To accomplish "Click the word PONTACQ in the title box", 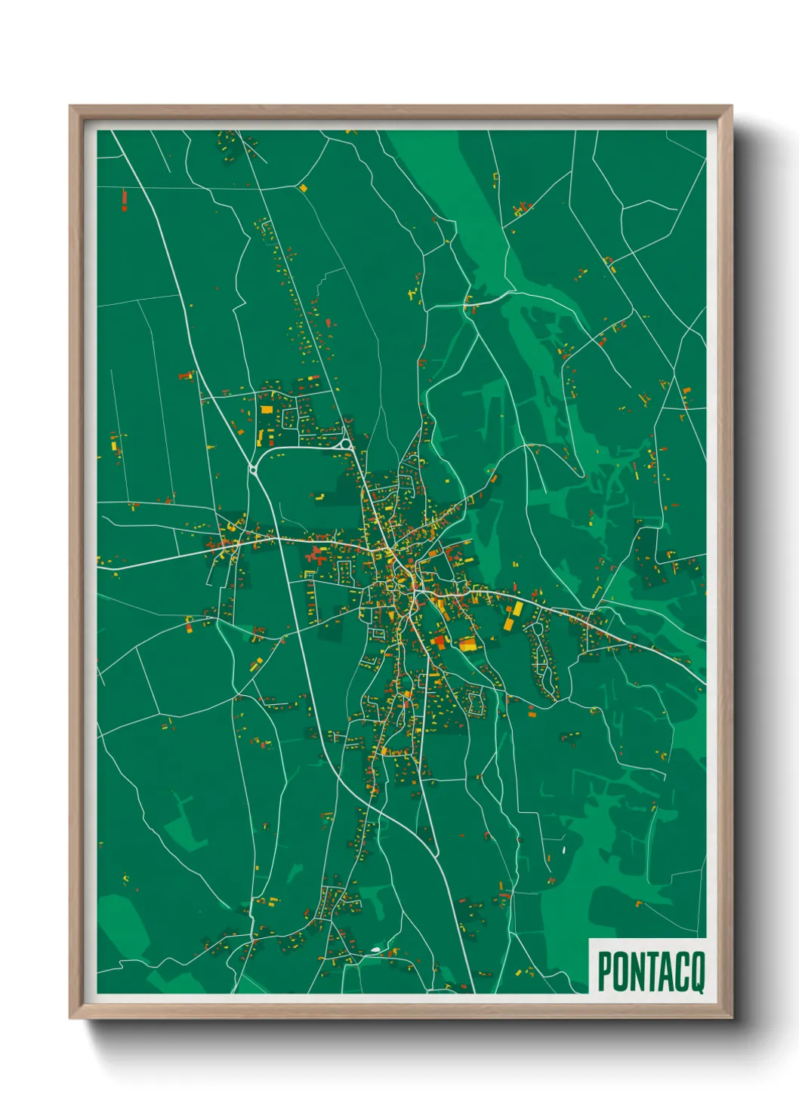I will pyautogui.click(x=650, y=971).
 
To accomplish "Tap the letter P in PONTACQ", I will pyautogui.click(x=605, y=971).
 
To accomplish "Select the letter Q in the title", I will pyautogui.click(x=697, y=972).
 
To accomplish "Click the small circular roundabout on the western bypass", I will pyautogui.click(x=253, y=470).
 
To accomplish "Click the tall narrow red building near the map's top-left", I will pyautogui.click(x=124, y=198).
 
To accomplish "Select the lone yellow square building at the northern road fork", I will pyautogui.click(x=304, y=187).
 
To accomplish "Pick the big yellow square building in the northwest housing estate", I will pyautogui.click(x=266, y=410).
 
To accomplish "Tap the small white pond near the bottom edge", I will pyautogui.click(x=375, y=949).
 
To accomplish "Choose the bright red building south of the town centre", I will pyautogui.click(x=439, y=641).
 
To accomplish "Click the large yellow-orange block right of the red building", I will pyautogui.click(x=467, y=644).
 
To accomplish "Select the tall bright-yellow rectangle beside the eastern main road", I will pyautogui.click(x=518, y=609).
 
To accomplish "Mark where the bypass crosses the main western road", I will pyautogui.click(x=281, y=538).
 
